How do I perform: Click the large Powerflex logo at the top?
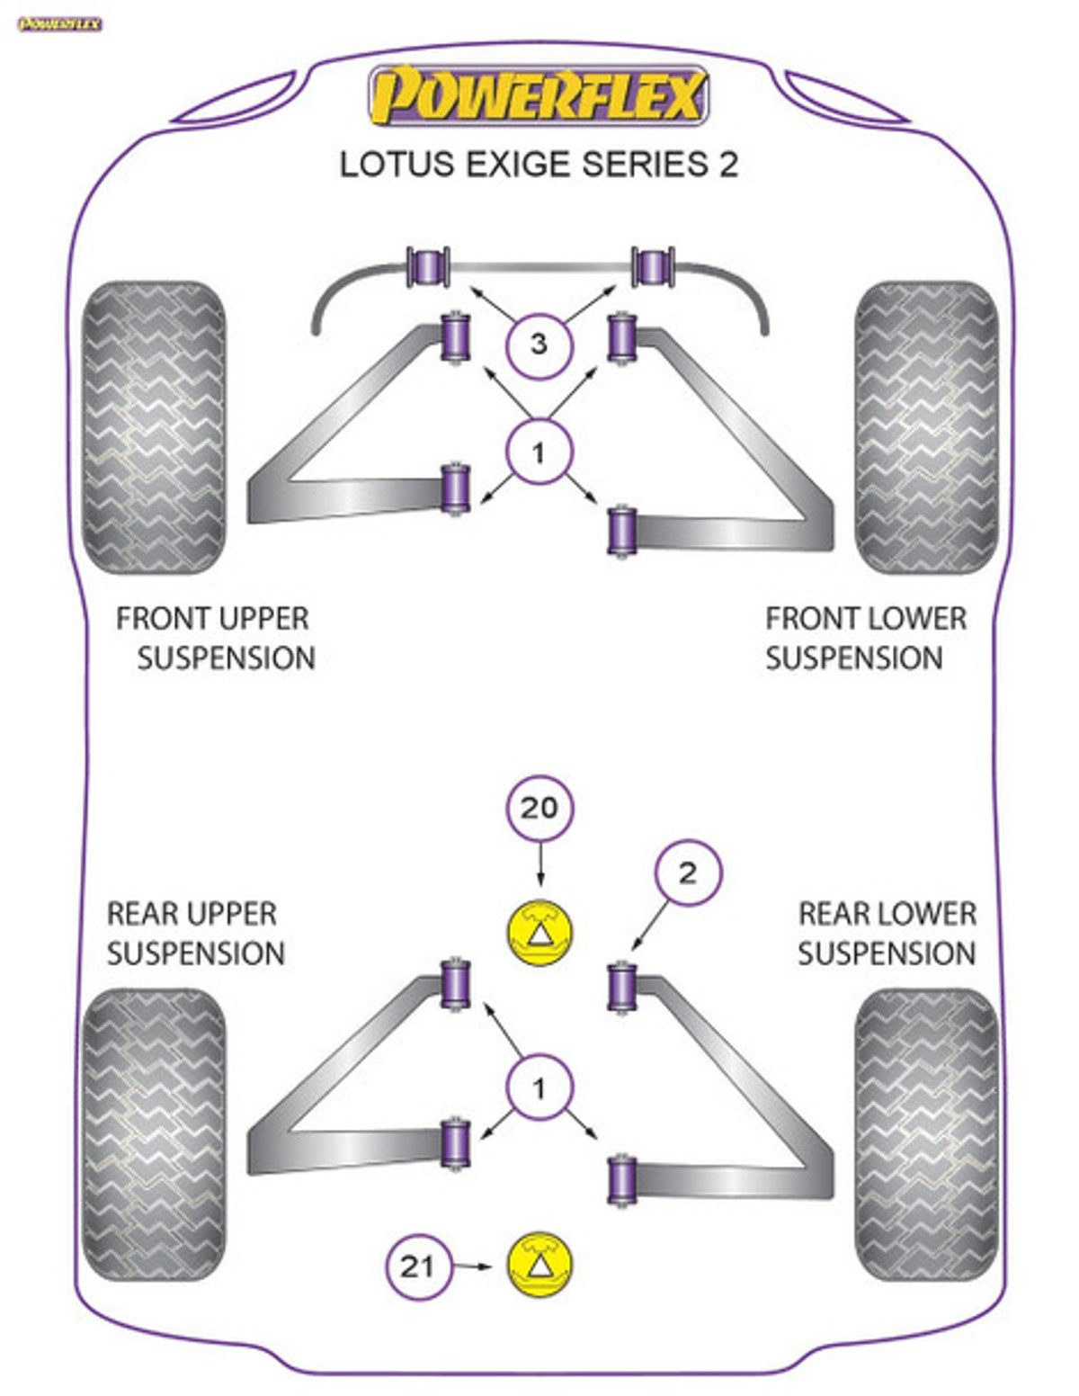tap(539, 96)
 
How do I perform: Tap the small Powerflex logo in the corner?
tap(59, 24)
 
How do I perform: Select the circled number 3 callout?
tap(539, 344)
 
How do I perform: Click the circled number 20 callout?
tap(539, 808)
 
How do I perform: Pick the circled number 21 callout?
tap(417, 1266)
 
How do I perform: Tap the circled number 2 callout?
tap(688, 872)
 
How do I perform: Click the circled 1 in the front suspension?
tap(539, 452)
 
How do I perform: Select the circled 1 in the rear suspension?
tap(539, 1089)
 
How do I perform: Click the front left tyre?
tap(153, 428)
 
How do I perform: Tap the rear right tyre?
tap(926, 1133)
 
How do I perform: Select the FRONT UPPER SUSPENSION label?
tap(215, 638)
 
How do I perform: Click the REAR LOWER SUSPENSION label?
tap(887, 933)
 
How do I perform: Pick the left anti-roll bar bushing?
tap(428, 267)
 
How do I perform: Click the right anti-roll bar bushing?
tap(653, 267)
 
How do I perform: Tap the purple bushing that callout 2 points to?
tap(621, 987)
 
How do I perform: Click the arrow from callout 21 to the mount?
tap(473, 1266)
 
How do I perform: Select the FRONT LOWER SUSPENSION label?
tap(864, 638)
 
